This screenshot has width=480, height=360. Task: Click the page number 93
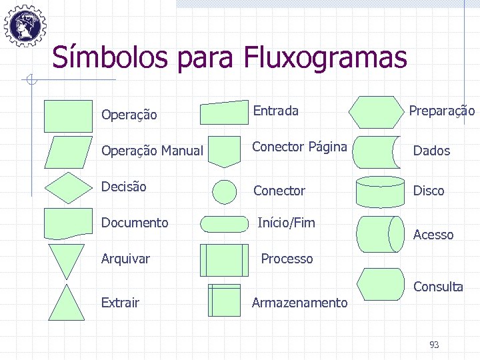coord(434,345)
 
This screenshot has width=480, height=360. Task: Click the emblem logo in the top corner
coord(25,25)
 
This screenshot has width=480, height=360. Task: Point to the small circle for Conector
coord(224,192)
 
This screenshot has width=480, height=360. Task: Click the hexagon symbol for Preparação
coord(377,112)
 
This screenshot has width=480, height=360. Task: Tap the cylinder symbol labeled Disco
coord(380,192)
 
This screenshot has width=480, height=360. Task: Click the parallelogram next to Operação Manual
coord(68,152)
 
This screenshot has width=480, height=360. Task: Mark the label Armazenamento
coord(299,303)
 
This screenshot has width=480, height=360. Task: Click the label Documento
coord(135,223)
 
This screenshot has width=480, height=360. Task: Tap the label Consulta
coord(438,287)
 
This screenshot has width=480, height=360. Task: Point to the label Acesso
coord(433,235)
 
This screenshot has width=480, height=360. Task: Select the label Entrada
coord(275,111)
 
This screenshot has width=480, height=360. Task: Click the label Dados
coord(431,151)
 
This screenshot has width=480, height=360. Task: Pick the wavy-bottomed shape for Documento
coord(68,223)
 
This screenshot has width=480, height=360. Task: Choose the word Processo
coord(287,259)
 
